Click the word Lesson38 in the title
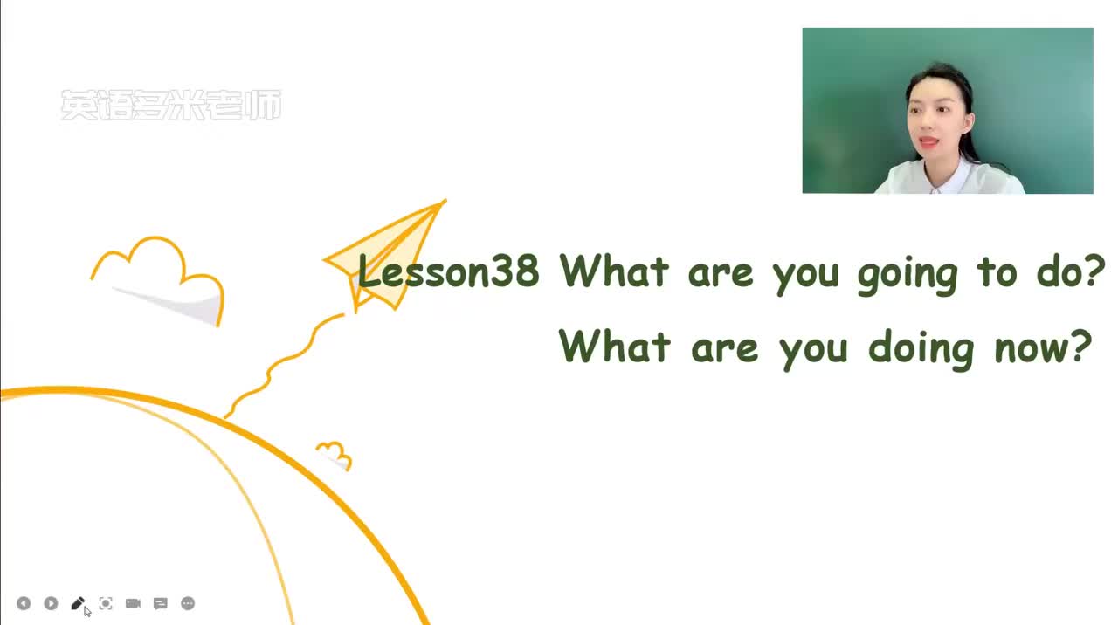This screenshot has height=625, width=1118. (x=448, y=271)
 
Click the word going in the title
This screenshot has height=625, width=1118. (x=908, y=275)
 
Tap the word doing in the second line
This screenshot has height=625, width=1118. (x=921, y=350)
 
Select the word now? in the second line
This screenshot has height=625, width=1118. (x=1044, y=347)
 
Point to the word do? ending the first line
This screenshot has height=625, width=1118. (x=1071, y=271)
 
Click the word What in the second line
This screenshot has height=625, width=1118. (x=614, y=346)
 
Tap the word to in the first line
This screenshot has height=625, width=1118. (x=997, y=272)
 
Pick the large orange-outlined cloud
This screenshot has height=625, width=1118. (x=158, y=281)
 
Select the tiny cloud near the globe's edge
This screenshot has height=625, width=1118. (x=335, y=456)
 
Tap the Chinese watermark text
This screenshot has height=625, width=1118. (x=170, y=106)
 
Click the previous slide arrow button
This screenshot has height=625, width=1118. (x=24, y=603)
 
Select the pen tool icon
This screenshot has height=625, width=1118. (x=78, y=603)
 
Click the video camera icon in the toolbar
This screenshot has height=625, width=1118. (x=133, y=603)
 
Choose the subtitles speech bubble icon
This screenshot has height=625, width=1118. (x=160, y=603)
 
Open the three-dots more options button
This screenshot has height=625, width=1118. (x=188, y=603)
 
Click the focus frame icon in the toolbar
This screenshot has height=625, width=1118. (x=106, y=603)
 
